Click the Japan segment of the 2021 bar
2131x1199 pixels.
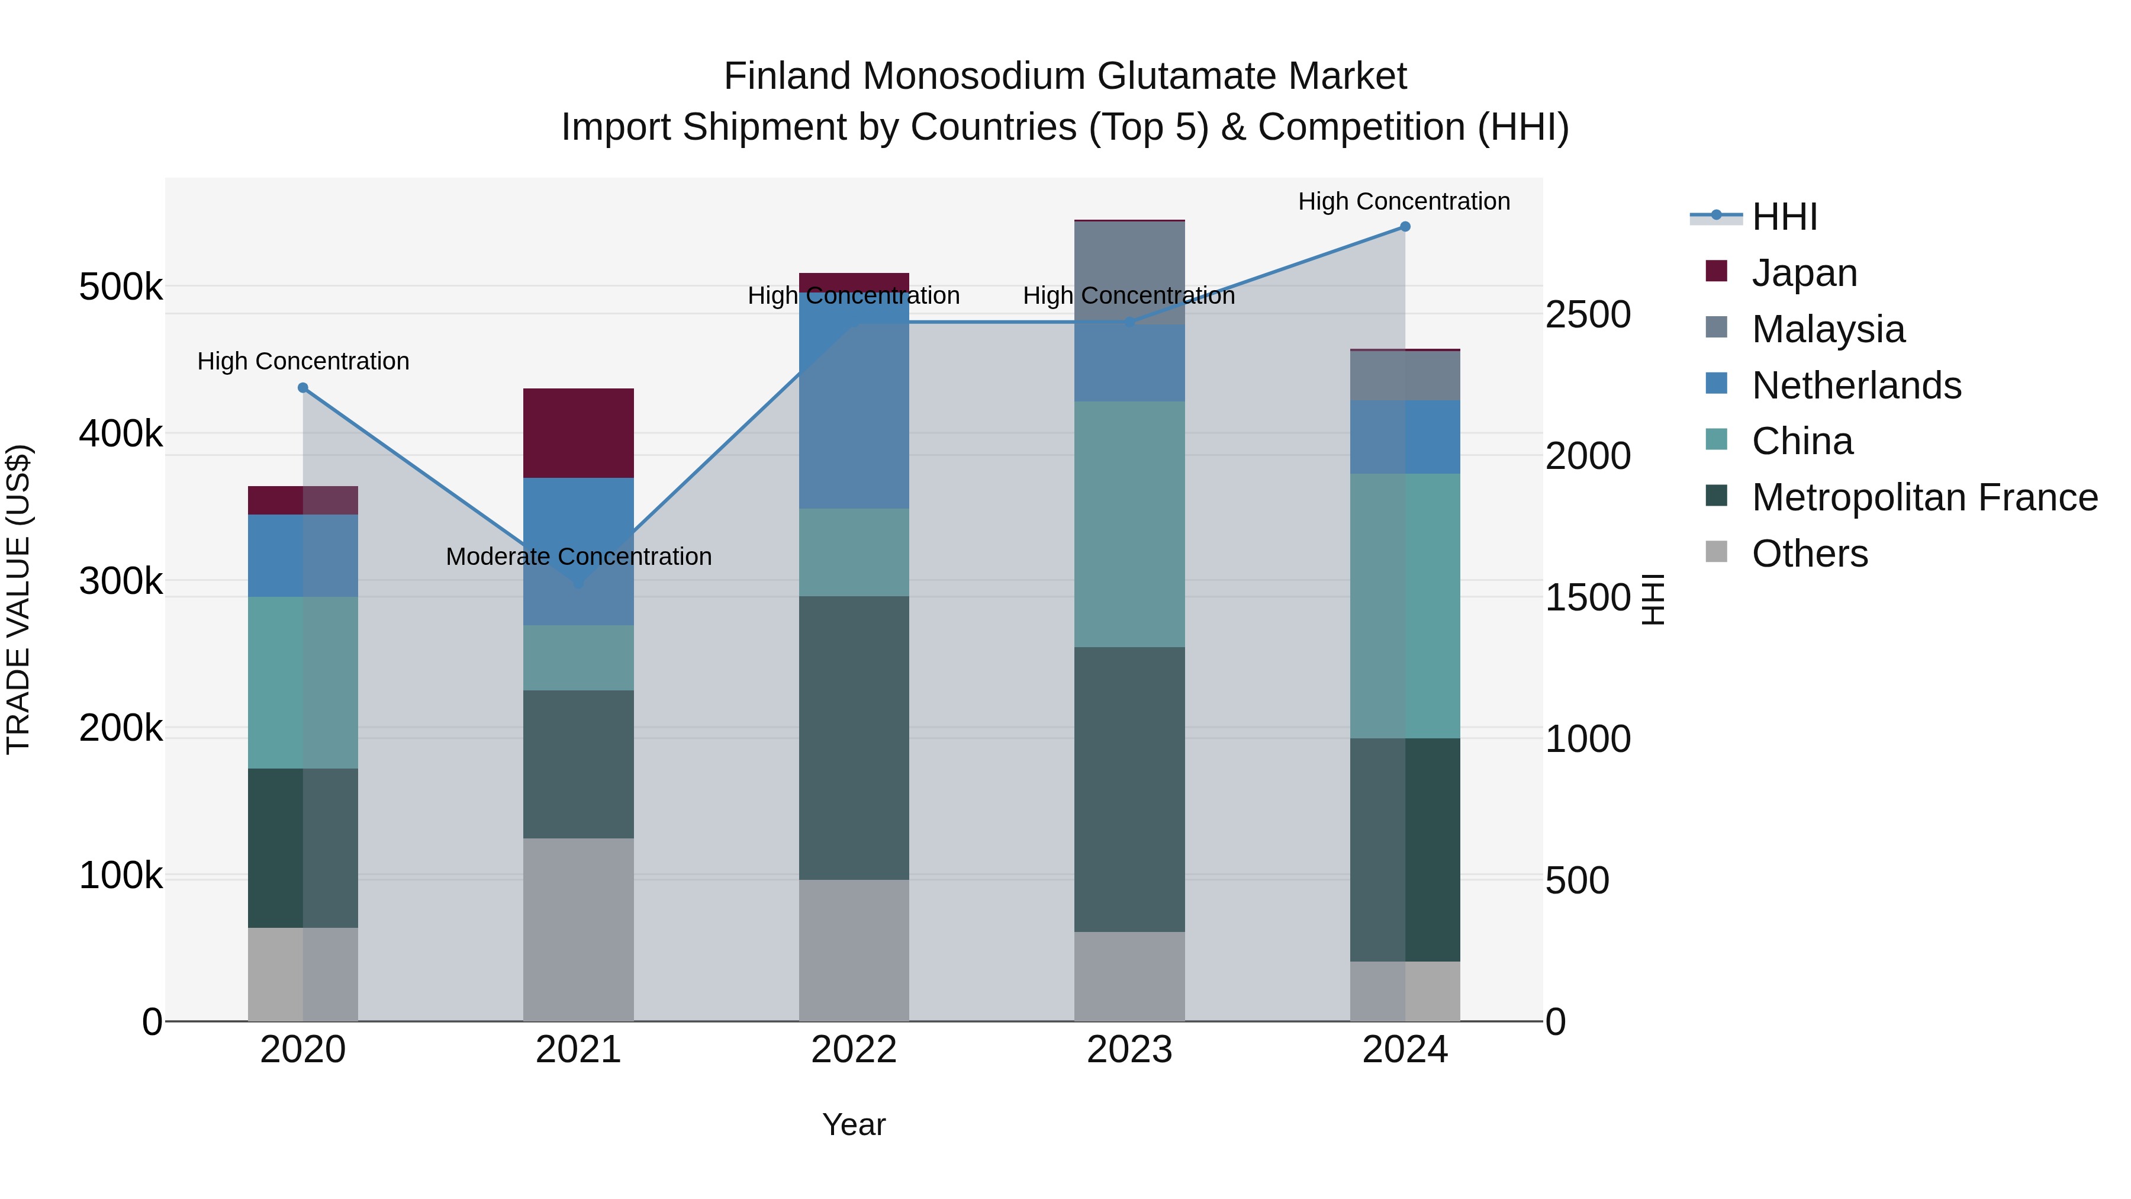(578, 433)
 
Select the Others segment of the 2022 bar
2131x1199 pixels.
(854, 950)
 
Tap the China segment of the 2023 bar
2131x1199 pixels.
(1129, 524)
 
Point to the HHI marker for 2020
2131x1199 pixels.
(302, 388)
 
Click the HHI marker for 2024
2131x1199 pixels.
(1405, 227)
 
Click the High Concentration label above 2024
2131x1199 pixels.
(1404, 202)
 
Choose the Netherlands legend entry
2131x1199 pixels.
(1856, 385)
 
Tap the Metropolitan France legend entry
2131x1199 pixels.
(1924, 497)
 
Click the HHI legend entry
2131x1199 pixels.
(1784, 217)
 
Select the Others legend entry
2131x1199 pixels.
(1809, 554)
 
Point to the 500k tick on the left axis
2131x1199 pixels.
(121, 287)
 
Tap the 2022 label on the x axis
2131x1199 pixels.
(854, 1050)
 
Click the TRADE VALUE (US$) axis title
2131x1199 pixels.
(18, 599)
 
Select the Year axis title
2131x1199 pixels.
(854, 1124)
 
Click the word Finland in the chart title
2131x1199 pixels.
(787, 76)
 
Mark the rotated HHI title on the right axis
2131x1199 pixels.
(1652, 599)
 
